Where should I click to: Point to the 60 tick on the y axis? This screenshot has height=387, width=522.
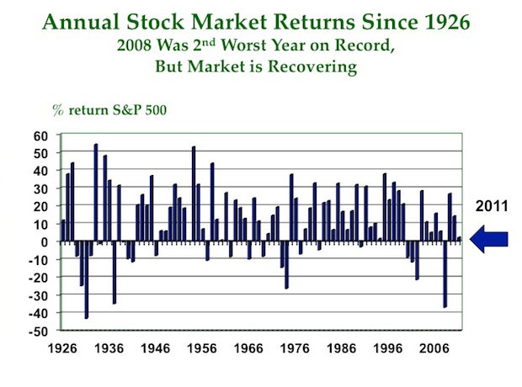click(x=41, y=135)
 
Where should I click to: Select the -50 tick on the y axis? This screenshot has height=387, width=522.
click(x=39, y=331)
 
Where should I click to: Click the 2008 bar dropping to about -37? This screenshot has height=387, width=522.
click(x=445, y=274)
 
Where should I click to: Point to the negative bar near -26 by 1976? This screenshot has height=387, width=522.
click(x=286, y=265)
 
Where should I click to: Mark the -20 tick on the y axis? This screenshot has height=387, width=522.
click(x=39, y=278)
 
